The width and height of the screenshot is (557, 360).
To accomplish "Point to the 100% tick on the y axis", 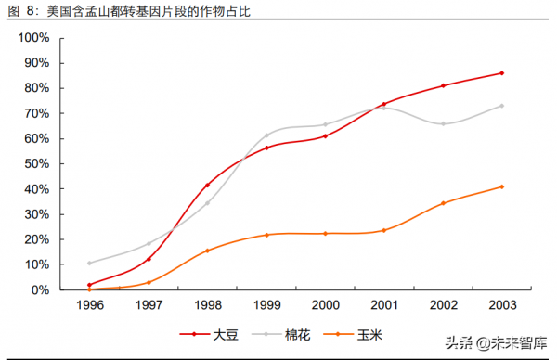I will [x=35, y=38].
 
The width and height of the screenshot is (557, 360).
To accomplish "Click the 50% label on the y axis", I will [x=38, y=164].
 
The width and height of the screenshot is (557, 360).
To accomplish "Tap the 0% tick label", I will [x=42, y=289].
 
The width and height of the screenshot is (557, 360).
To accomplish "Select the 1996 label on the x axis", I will [x=89, y=304].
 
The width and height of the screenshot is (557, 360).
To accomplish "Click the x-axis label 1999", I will [x=266, y=304].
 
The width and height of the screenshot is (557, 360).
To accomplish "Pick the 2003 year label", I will [x=501, y=304].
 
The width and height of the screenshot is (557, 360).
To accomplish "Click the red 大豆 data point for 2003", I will [x=501, y=73].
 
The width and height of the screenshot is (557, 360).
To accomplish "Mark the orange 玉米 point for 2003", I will [x=501, y=186].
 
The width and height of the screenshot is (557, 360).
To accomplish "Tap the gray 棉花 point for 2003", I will [x=501, y=106].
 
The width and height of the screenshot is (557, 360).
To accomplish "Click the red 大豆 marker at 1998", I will [x=207, y=185].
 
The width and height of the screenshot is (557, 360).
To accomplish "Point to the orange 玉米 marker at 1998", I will [x=207, y=251].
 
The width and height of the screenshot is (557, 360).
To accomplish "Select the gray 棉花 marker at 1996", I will [x=89, y=263].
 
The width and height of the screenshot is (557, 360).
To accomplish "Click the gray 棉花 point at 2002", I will [x=443, y=123].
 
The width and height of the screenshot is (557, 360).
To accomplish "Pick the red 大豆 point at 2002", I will [x=443, y=85].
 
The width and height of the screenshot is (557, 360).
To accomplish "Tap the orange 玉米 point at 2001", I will [x=383, y=230].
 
